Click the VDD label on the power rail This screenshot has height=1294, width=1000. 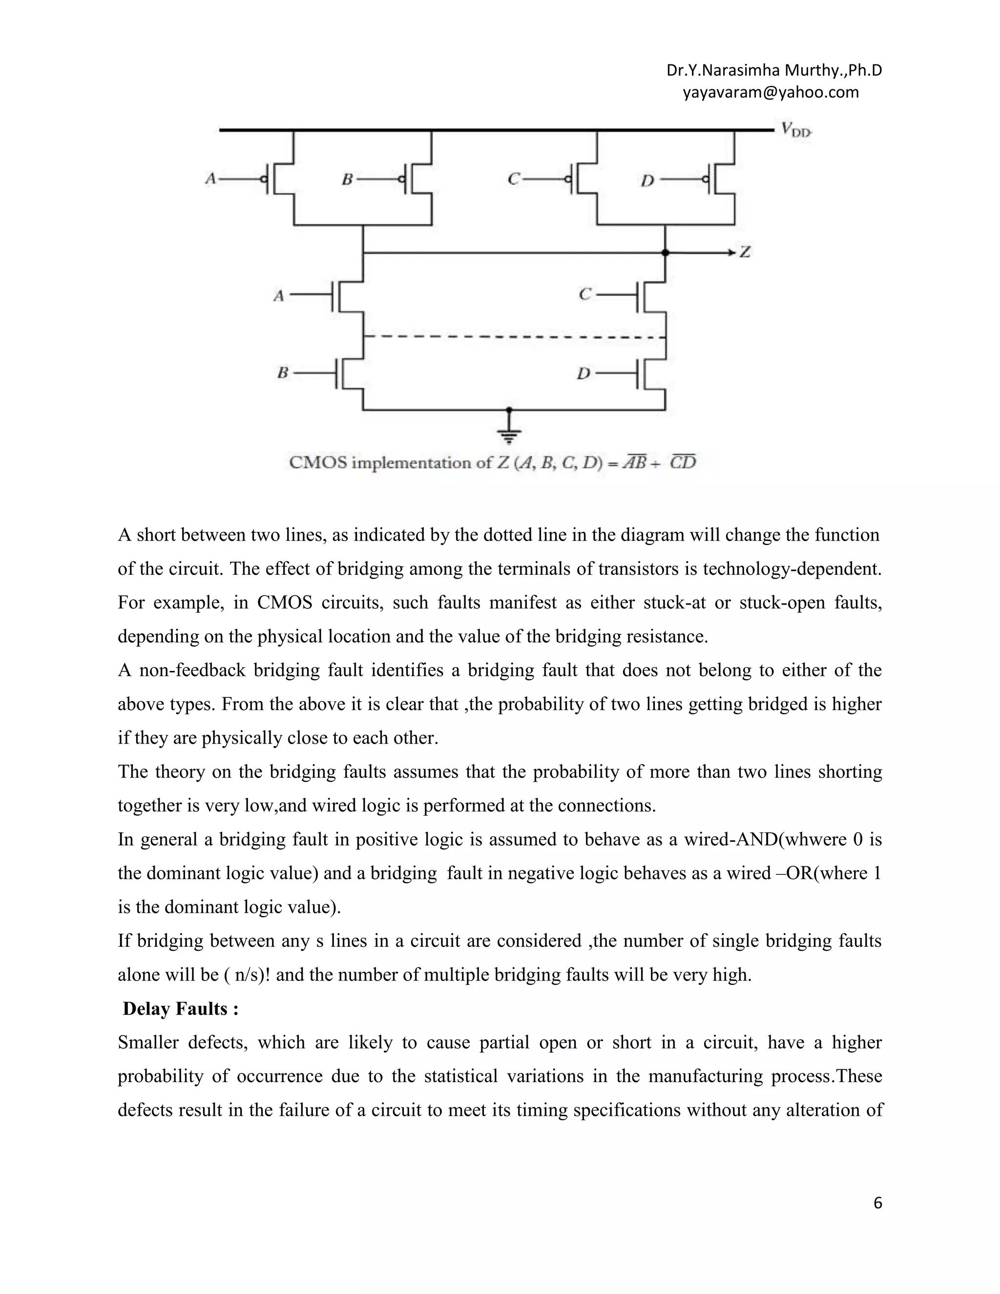pos(795,130)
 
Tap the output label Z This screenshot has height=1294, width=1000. pos(745,252)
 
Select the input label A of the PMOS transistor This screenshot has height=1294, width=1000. pos(209,178)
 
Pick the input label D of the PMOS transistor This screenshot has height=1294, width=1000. pos(647,180)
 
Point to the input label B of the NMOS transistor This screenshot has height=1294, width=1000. pos(283,373)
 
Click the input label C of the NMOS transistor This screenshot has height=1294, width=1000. pos(584,294)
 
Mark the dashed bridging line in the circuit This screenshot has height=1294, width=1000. pos(514,337)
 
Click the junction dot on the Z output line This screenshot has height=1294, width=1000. pos(666,253)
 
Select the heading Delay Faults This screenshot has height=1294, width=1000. pos(181,1009)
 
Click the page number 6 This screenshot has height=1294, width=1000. pos(877,1203)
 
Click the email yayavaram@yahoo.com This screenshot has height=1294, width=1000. pos(770,92)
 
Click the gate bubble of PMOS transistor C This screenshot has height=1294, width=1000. pos(568,179)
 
